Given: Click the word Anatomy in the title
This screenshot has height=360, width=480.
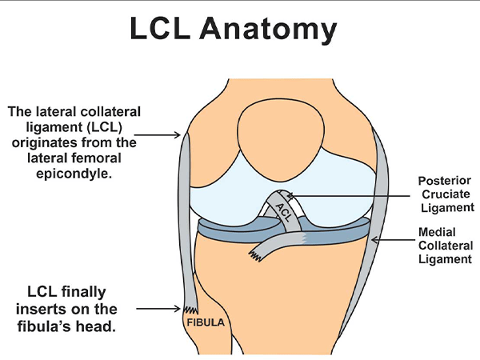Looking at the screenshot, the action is (268, 30).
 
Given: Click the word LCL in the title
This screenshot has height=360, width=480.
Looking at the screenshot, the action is (160, 28).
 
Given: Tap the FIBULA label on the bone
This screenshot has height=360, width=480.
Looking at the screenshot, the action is (206, 322).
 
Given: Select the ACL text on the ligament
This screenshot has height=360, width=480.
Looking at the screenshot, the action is (283, 212).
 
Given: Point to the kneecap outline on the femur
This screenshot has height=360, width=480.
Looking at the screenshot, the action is (281, 139).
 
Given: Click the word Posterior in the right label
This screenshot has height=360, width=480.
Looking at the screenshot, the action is (444, 181).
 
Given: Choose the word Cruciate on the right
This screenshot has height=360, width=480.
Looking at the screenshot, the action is (446, 194).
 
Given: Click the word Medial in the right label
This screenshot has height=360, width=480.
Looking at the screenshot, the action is (437, 232).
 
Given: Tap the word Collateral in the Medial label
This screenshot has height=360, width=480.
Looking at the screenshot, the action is (446, 246).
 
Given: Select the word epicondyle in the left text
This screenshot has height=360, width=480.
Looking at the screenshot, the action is (74, 174).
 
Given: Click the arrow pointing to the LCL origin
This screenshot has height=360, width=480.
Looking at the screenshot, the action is (158, 134).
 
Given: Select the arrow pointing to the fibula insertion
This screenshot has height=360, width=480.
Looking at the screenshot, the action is (158, 309).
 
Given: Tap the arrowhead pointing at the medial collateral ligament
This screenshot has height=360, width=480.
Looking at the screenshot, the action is (374, 240).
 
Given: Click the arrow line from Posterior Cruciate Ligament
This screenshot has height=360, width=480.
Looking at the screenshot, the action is (349, 195).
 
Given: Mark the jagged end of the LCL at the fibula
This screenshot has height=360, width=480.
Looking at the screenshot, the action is (191, 310).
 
